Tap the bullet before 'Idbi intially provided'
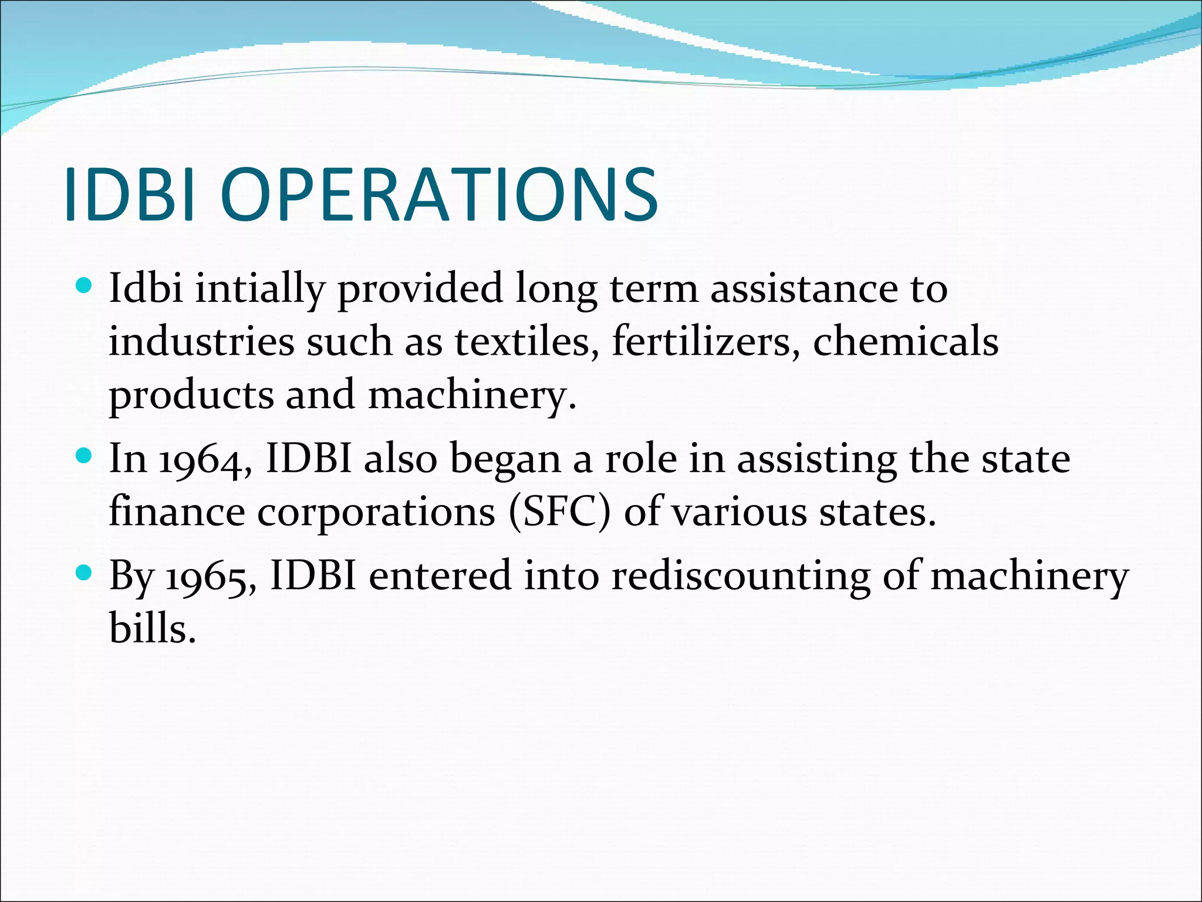tap(85, 286)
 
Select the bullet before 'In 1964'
tap(85, 456)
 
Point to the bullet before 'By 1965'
tap(85, 573)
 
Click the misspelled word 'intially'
tap(259, 289)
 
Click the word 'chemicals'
tap(905, 342)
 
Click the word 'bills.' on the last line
tap(152, 628)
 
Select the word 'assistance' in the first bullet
tap(803, 289)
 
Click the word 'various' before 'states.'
tap(739, 512)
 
